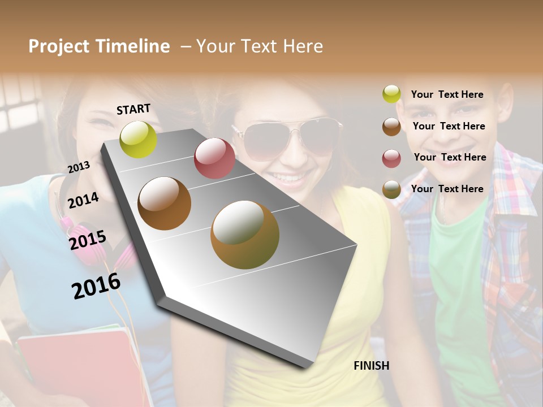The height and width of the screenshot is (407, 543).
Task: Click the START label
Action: (133, 109)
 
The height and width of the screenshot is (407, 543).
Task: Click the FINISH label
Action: (371, 366)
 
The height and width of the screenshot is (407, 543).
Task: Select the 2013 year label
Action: (79, 167)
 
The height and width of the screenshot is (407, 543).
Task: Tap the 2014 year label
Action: (83, 200)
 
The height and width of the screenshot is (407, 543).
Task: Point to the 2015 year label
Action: (87, 240)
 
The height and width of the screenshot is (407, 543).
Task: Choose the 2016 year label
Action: (96, 285)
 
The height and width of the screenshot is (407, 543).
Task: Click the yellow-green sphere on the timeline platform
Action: (139, 139)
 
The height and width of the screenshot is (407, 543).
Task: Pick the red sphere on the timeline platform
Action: (214, 158)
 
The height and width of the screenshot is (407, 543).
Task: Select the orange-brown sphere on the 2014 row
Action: (165, 203)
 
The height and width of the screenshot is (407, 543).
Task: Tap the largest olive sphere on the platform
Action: (245, 235)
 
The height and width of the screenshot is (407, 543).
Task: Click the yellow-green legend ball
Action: (391, 94)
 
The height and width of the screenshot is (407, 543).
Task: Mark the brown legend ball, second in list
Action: (391, 127)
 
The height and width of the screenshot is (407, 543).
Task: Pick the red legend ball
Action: (391, 158)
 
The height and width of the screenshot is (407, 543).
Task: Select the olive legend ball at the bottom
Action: (391, 189)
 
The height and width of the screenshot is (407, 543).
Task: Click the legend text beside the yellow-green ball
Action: (447, 94)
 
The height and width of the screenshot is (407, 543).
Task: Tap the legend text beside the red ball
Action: (450, 157)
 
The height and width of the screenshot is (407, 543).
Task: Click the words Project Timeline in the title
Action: (99, 46)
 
